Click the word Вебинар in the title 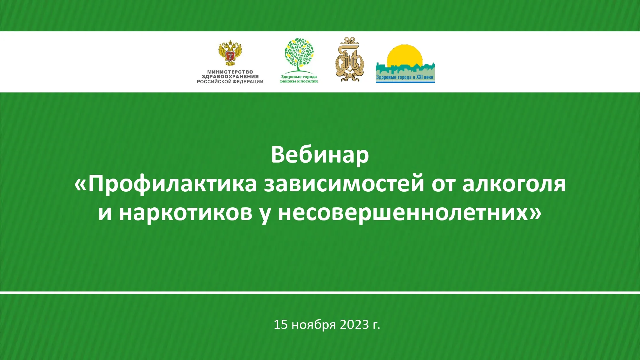[x=320, y=155]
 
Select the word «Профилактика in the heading [x=165, y=184]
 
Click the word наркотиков [x=186, y=213]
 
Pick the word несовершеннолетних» [x=410, y=213]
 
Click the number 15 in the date [x=281, y=324]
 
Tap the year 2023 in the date [x=354, y=324]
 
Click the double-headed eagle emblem [x=230, y=53]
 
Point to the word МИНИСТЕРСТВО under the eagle [x=230, y=72]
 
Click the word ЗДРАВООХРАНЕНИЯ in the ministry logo [x=230, y=77]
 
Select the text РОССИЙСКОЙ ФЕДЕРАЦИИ [x=230, y=82]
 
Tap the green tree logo [x=299, y=55]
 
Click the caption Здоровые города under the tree [x=299, y=77]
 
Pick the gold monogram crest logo [x=350, y=60]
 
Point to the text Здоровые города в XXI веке [x=405, y=77]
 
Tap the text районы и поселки [x=299, y=81]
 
